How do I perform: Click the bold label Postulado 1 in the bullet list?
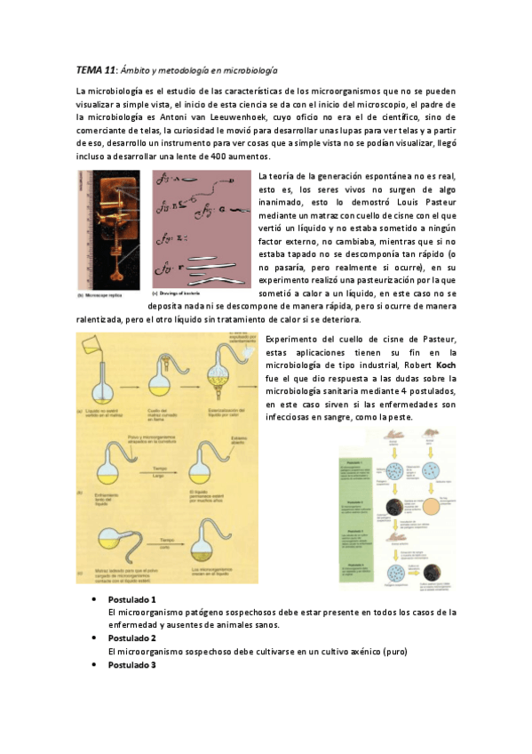pyautogui.click(x=131, y=600)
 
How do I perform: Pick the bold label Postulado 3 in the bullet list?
pyautogui.click(x=131, y=665)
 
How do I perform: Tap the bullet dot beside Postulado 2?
pyautogui.click(x=95, y=638)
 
